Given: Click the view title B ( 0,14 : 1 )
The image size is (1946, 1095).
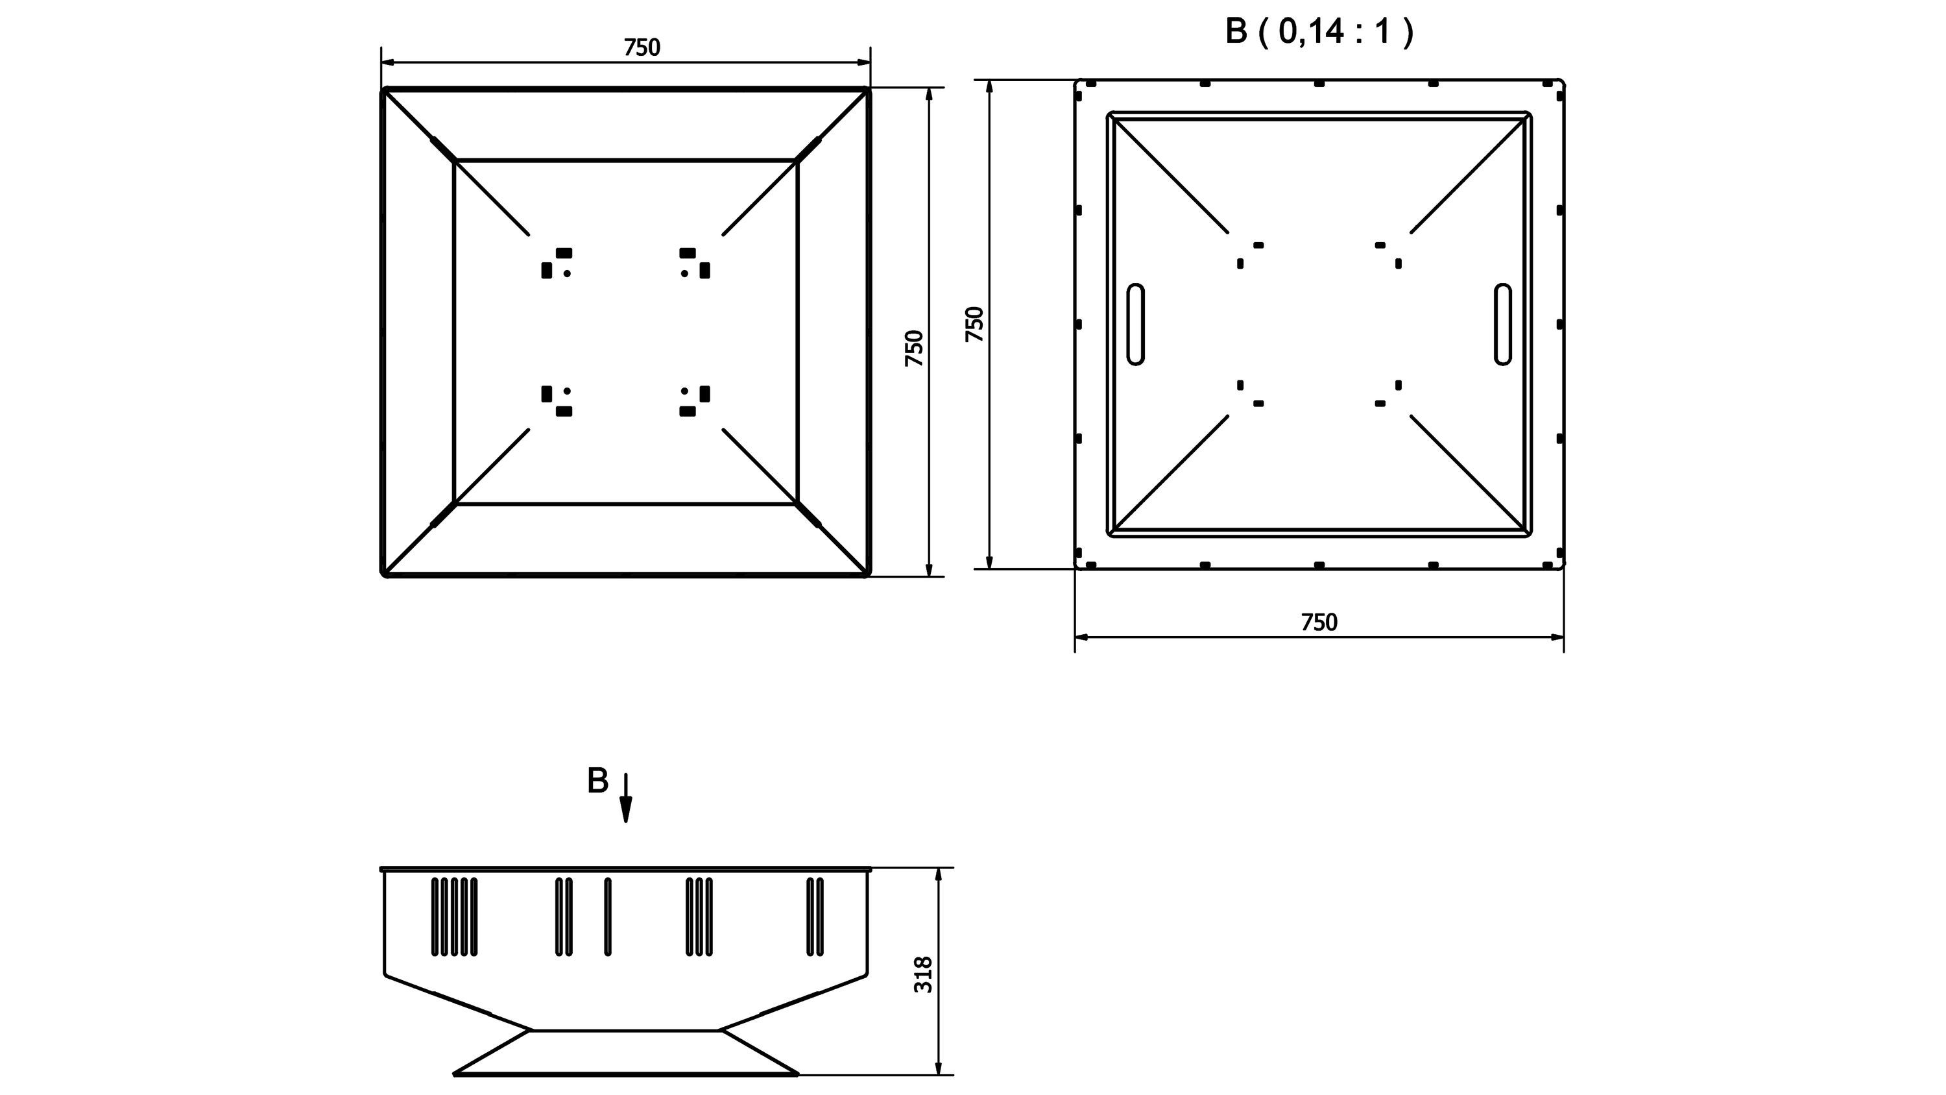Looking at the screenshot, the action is point(1318,32).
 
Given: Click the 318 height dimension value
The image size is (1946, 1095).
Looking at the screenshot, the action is point(923,975).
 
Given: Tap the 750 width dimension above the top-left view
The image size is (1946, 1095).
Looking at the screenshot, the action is point(642,47).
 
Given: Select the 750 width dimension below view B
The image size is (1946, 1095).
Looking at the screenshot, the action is point(1319,622).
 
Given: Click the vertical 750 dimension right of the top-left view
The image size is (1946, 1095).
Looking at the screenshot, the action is point(915,349).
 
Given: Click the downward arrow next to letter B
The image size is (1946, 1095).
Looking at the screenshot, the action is point(625,797).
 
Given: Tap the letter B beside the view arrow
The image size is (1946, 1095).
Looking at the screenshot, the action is point(597,781).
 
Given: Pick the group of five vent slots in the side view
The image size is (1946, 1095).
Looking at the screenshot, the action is point(454,916).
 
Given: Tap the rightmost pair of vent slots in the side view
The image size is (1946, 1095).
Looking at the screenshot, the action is point(815,916).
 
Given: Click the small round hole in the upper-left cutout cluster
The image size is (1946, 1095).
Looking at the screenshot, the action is point(568,273).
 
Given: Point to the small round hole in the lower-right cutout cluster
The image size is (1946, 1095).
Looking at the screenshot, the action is point(684,391).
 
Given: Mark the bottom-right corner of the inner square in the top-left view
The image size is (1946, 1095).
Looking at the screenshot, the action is point(798,503).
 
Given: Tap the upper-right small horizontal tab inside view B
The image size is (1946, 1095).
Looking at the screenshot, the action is point(1380,245).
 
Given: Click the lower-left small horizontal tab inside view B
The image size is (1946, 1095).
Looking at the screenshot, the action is point(1258,404).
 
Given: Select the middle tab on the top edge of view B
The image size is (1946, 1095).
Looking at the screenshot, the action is point(1319,83).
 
